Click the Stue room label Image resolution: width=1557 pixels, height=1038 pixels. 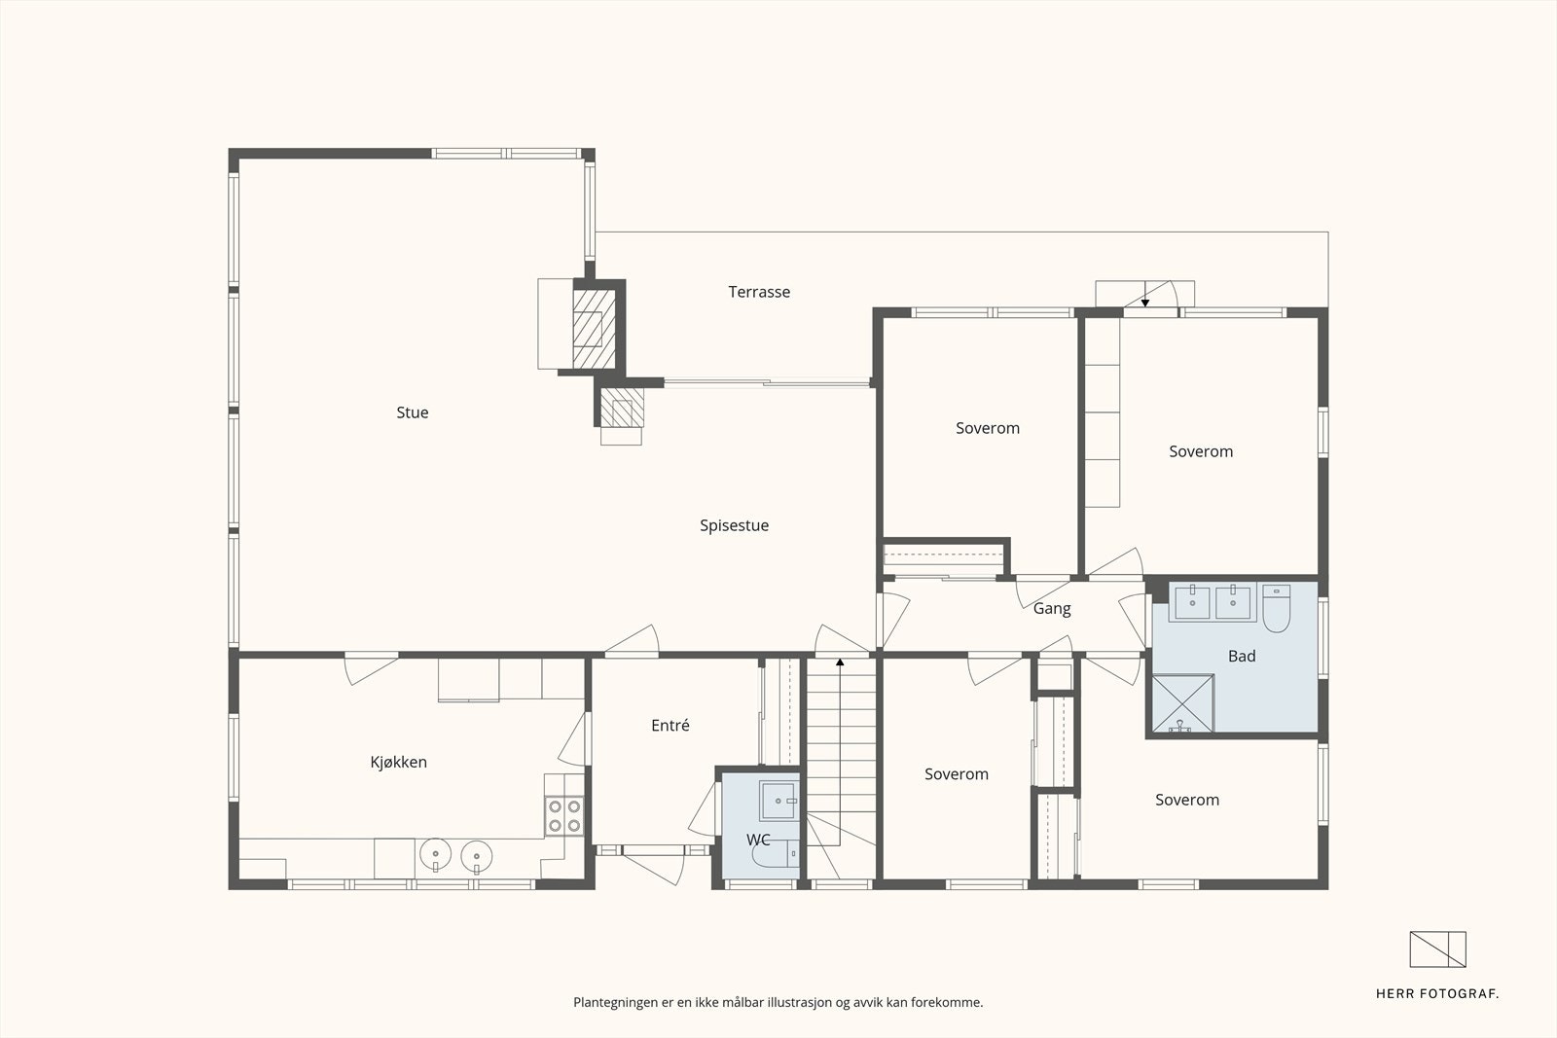pyautogui.click(x=413, y=412)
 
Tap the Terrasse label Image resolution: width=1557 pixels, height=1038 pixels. pyautogui.click(x=759, y=292)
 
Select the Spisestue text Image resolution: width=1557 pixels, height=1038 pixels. pyautogui.click(x=734, y=526)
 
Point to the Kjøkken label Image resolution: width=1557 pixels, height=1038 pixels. pyautogui.click(x=398, y=762)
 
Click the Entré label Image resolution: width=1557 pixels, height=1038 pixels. pyautogui.click(x=670, y=726)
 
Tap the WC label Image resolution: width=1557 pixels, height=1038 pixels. pyautogui.click(x=758, y=840)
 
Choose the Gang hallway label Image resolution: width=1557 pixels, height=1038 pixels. pyautogui.click(x=1052, y=609)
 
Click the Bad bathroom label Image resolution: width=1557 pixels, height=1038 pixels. pyautogui.click(x=1242, y=656)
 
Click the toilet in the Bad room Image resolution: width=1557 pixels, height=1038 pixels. pyautogui.click(x=1276, y=609)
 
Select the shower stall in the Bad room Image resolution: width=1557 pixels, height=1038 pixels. pyautogui.click(x=1183, y=703)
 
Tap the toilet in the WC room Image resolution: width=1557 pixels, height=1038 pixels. pyautogui.click(x=776, y=854)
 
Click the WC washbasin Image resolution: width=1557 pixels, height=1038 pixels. pyautogui.click(x=778, y=801)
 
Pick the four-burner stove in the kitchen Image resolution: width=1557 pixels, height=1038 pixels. pyautogui.click(x=563, y=816)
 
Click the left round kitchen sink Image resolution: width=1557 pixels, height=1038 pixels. pyautogui.click(x=435, y=854)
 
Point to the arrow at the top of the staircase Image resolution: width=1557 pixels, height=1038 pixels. pyautogui.click(x=840, y=662)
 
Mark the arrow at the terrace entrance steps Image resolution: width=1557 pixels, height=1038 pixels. pyautogui.click(x=1144, y=303)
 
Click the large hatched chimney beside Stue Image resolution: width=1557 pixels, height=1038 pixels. pyautogui.click(x=595, y=329)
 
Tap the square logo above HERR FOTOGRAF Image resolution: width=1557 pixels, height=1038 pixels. pyautogui.click(x=1437, y=949)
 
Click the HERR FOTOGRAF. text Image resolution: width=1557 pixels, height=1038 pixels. pyautogui.click(x=1436, y=994)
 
